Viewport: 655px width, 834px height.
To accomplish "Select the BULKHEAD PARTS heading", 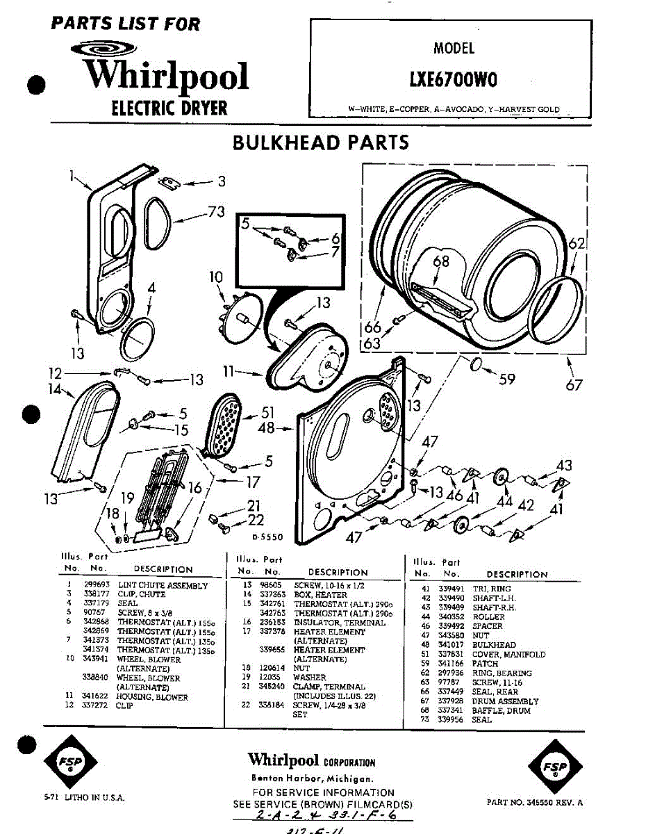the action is pyautogui.click(x=320, y=142).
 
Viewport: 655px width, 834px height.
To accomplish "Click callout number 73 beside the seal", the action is pyautogui.click(x=216, y=211).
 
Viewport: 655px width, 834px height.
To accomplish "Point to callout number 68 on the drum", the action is pyautogui.click(x=441, y=261).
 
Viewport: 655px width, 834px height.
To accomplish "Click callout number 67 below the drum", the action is pyautogui.click(x=574, y=384).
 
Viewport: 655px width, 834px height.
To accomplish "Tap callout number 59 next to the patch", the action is pyautogui.click(x=508, y=379).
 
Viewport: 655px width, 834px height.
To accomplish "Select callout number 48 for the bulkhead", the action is pyautogui.click(x=266, y=428).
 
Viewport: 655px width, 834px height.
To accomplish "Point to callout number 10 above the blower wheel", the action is pyautogui.click(x=216, y=278).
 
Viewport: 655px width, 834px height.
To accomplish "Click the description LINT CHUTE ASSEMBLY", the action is pyautogui.click(x=163, y=585).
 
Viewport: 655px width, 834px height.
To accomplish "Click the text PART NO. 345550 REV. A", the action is pyautogui.click(x=535, y=802).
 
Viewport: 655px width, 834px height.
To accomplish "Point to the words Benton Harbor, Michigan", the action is pyautogui.click(x=314, y=778).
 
